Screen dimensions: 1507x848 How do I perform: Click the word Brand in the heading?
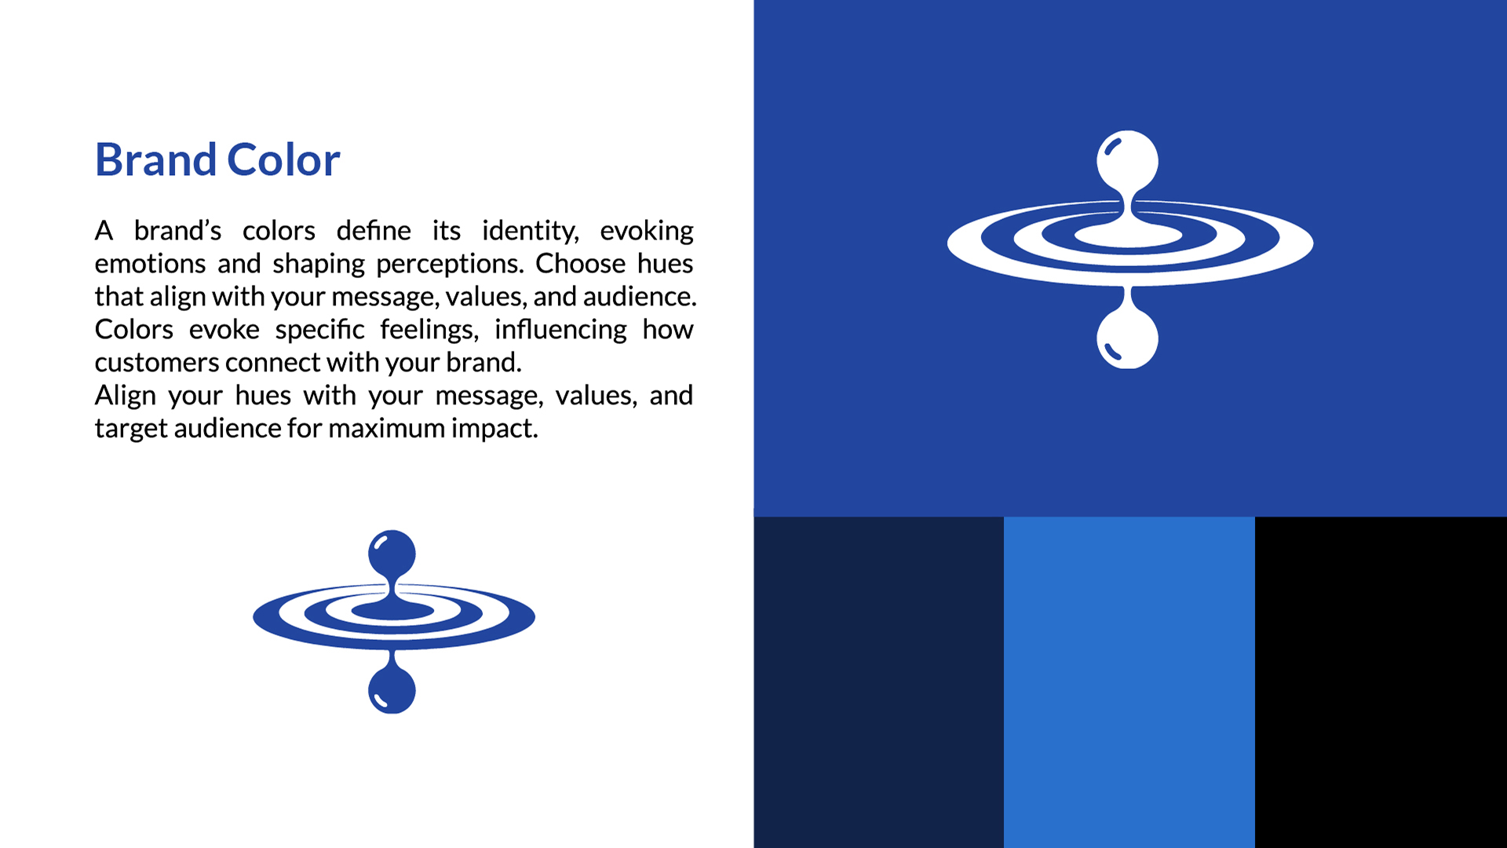[x=155, y=160]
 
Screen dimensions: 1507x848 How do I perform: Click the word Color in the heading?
[x=284, y=160]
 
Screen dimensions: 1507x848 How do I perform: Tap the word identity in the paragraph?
[x=531, y=232]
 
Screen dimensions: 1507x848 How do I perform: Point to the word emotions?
[x=151, y=264]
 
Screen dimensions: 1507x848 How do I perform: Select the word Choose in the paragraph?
[x=581, y=264]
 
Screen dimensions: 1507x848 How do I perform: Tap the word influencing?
[x=560, y=331]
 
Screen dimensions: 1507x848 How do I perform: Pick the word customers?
[x=157, y=363]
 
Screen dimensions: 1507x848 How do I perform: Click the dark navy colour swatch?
[x=879, y=682]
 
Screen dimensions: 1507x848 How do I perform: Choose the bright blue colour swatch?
[x=1129, y=682]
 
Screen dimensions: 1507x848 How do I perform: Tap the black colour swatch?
[x=1381, y=682]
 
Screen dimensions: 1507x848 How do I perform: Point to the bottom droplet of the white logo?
[x=1127, y=338]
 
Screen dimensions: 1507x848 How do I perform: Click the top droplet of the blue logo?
[x=392, y=554]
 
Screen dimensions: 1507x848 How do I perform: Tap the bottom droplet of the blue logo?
[x=392, y=689]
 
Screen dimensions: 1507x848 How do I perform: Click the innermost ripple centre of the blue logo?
[x=392, y=610]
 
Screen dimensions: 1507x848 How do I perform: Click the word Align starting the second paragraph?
[x=126, y=397]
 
